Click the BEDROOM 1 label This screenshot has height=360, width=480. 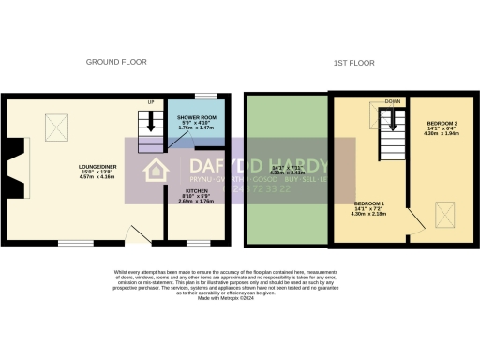click(368, 203)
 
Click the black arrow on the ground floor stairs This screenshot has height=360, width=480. click(150, 132)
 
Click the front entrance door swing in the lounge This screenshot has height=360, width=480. click(137, 233)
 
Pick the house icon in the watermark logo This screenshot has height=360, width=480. click(155, 171)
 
